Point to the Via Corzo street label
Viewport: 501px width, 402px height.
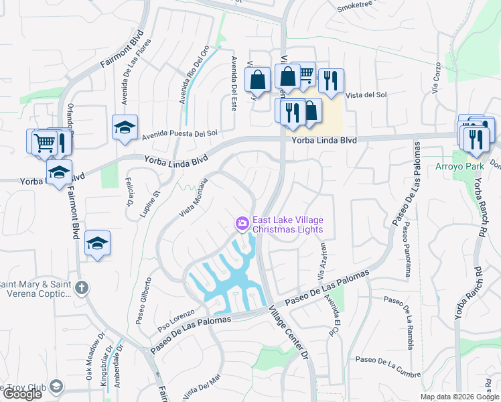(x=436, y=76)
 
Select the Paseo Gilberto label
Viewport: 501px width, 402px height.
(x=145, y=300)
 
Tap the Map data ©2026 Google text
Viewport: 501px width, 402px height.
(x=459, y=397)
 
